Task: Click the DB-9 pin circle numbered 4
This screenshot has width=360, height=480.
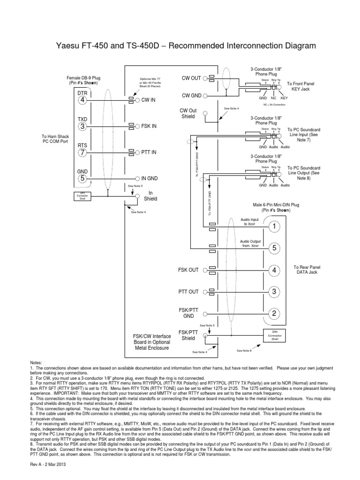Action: click(82, 100)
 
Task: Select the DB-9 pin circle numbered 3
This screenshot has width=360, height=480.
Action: click(82, 126)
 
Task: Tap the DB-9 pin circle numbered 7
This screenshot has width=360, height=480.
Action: click(82, 152)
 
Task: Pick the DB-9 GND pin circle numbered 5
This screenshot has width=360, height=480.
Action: click(82, 178)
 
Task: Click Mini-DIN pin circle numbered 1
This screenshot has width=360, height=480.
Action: click(275, 226)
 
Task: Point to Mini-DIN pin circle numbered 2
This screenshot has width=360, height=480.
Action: click(275, 313)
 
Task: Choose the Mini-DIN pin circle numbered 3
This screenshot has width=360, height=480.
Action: click(275, 292)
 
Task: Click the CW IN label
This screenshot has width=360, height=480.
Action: click(149, 100)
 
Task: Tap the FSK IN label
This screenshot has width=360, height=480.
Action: click(149, 126)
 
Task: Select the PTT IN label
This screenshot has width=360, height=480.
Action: click(149, 152)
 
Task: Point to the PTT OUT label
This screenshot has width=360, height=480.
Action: click(188, 292)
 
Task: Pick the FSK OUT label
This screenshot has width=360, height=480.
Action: click(188, 270)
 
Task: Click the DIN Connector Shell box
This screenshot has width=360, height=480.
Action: click(275, 335)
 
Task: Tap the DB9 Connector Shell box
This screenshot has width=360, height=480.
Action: click(82, 196)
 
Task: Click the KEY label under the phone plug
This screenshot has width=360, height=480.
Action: click(284, 98)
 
